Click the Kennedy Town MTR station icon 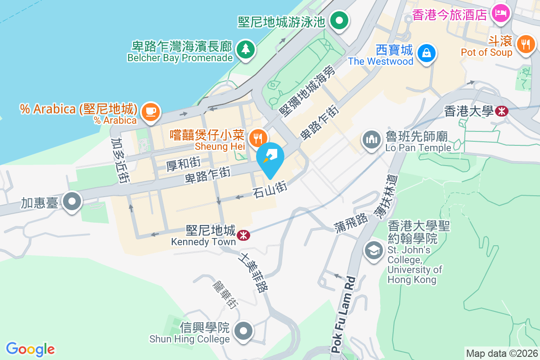pyautogui.click(x=243, y=235)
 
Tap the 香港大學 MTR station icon pyautogui.click(x=501, y=111)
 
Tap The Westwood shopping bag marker pyautogui.click(x=426, y=52)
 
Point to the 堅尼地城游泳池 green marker pyautogui.click(x=339, y=20)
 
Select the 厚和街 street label pyautogui.click(x=183, y=164)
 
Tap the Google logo pyautogui.click(x=30, y=349)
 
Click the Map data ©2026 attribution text pyautogui.click(x=502, y=353)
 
